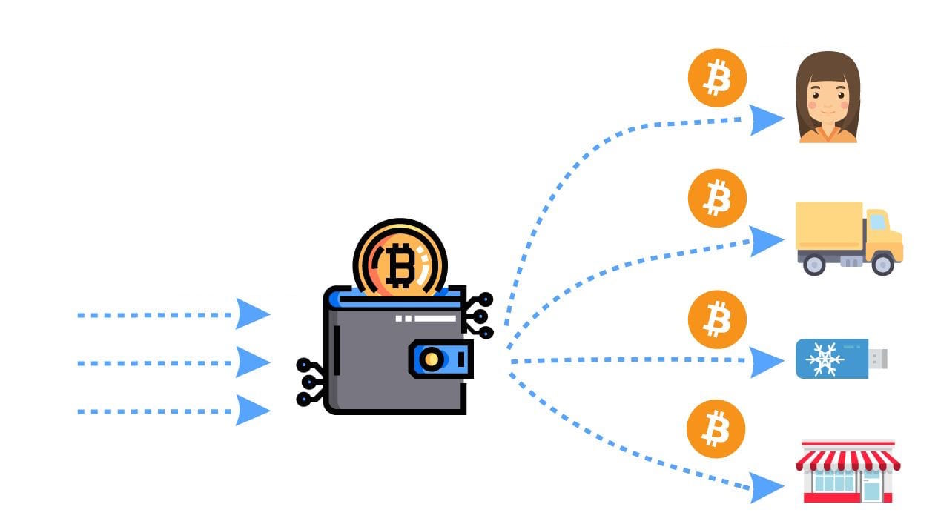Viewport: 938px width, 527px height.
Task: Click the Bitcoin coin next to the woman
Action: click(716, 78)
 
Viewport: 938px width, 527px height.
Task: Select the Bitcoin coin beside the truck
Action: click(716, 198)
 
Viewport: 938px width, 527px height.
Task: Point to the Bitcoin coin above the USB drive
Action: click(716, 319)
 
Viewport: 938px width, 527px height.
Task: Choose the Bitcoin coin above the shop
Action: click(715, 428)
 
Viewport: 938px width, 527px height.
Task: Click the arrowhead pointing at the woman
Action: click(765, 119)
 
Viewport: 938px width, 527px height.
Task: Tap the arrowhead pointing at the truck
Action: click(765, 240)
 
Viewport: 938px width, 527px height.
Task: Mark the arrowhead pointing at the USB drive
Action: click(765, 362)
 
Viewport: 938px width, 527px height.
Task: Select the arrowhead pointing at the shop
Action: click(765, 487)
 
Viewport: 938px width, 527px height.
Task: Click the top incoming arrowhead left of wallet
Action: click(251, 314)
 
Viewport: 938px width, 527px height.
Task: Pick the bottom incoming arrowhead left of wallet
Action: click(251, 410)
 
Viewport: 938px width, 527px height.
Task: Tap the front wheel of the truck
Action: click(882, 263)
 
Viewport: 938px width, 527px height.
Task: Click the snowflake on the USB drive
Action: click(821, 359)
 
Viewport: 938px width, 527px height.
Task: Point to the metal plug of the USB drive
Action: click(878, 359)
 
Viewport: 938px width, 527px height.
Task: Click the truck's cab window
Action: click(877, 221)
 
